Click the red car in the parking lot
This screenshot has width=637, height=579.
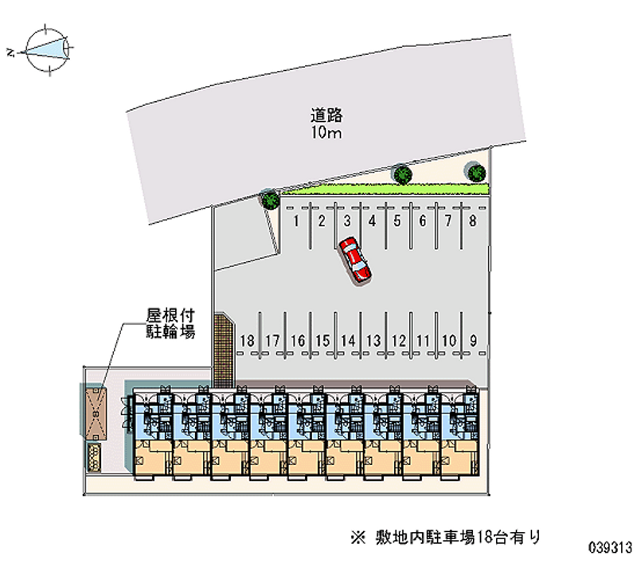click(x=354, y=260)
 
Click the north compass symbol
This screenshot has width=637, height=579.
click(x=45, y=49)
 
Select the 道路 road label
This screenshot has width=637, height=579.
click(x=326, y=115)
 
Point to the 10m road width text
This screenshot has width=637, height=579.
click(x=326, y=132)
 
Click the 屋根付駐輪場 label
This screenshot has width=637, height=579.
click(x=170, y=323)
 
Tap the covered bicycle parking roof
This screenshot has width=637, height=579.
click(x=96, y=413)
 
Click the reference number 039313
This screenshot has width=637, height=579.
click(x=610, y=547)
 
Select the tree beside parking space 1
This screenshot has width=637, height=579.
click(x=270, y=199)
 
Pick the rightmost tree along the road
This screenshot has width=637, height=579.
click(x=476, y=173)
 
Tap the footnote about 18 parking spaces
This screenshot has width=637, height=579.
click(x=446, y=537)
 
